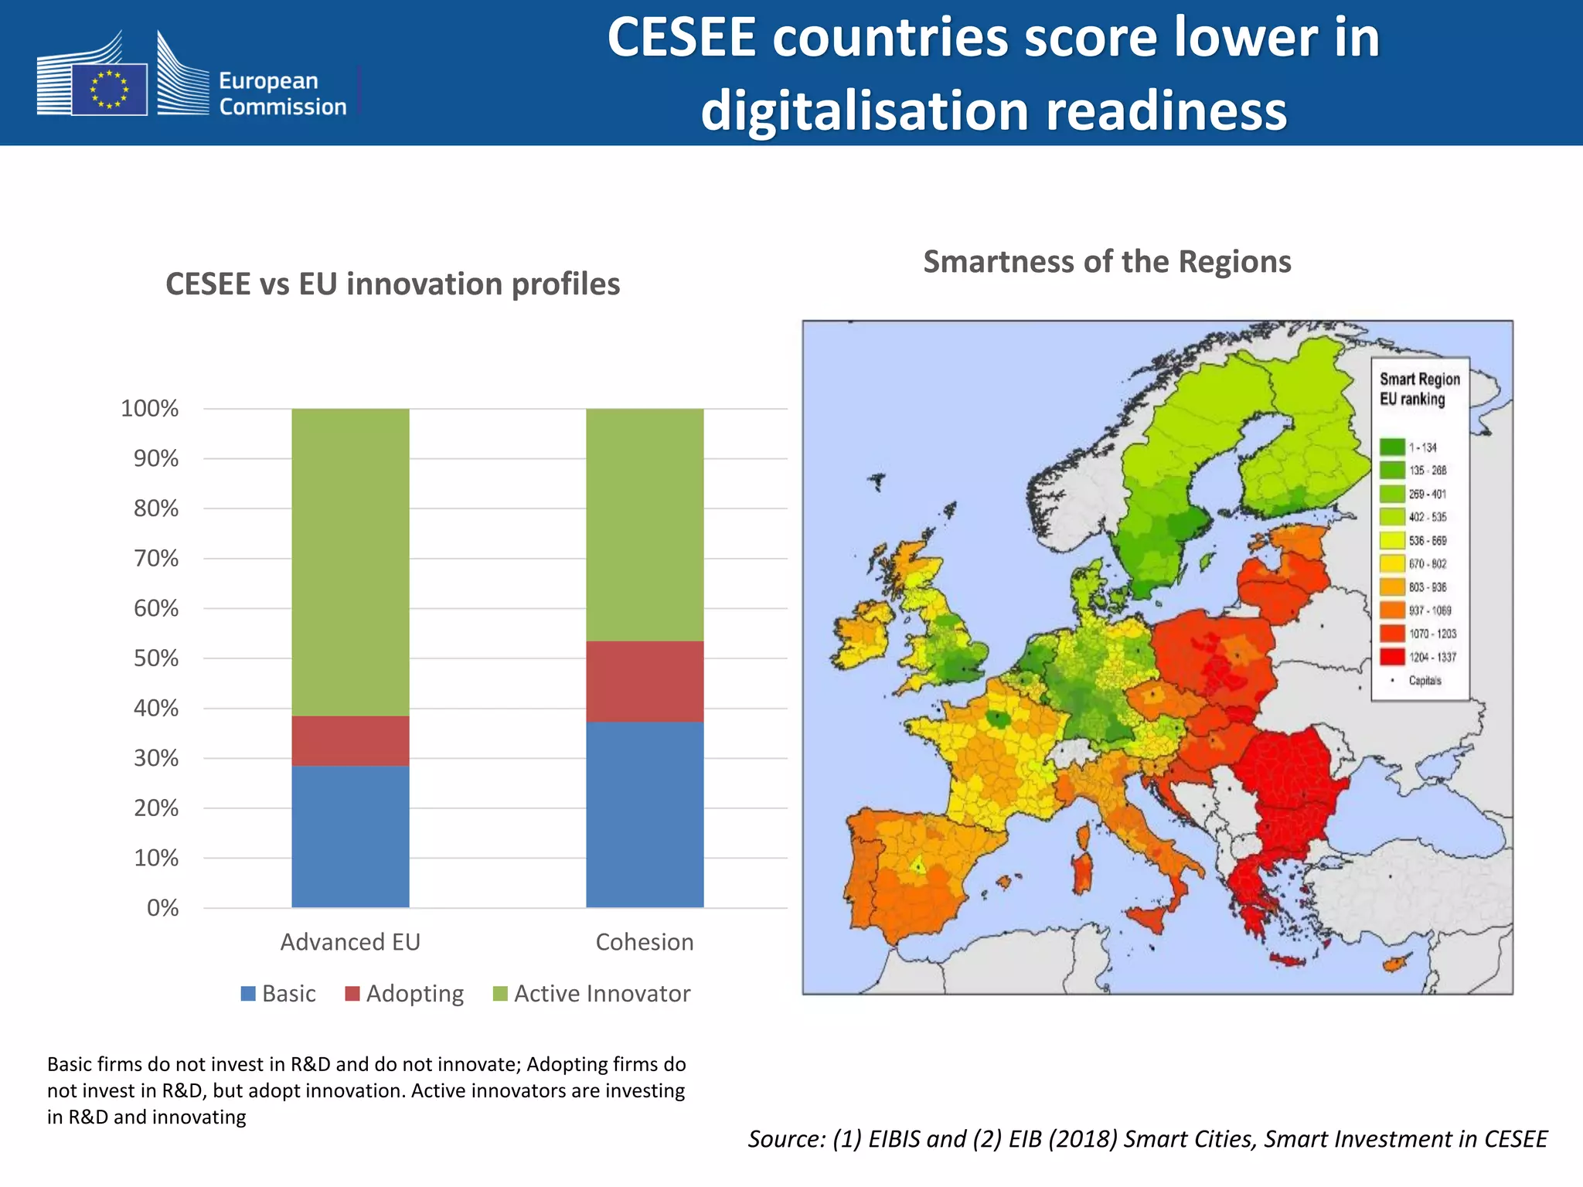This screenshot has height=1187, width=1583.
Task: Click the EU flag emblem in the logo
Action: coord(109,89)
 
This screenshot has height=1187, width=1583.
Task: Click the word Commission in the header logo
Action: coord(282,107)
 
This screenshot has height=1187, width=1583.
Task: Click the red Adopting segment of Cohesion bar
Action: coord(645,681)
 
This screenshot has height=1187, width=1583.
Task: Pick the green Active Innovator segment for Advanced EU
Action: coord(350,562)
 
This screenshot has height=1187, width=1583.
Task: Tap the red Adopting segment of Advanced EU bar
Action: coord(350,740)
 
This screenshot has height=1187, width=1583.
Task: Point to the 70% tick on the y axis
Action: coord(156,558)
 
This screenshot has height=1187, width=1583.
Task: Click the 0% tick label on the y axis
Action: coord(162,907)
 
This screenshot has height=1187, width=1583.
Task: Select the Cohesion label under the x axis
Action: coord(645,941)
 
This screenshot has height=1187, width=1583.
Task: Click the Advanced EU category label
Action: coord(350,941)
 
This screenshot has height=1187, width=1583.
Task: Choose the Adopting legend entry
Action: coord(404,993)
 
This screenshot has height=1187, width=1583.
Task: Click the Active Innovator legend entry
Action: coord(591,993)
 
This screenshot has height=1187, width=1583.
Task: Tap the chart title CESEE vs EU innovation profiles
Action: coord(393,284)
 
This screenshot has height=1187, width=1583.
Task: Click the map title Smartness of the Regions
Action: coord(1107,261)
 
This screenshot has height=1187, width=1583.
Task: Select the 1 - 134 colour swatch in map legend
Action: coord(1392,447)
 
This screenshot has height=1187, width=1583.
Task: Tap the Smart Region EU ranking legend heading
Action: coord(1419,389)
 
